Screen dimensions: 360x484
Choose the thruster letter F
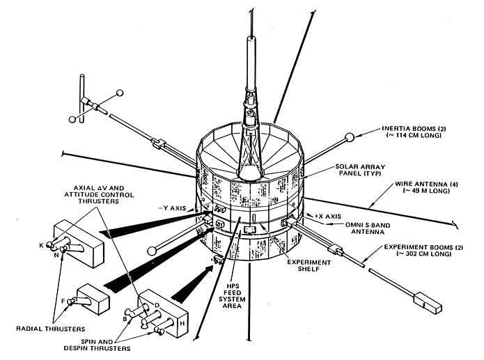click(x=62, y=302)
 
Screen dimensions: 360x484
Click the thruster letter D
click(x=159, y=305)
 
